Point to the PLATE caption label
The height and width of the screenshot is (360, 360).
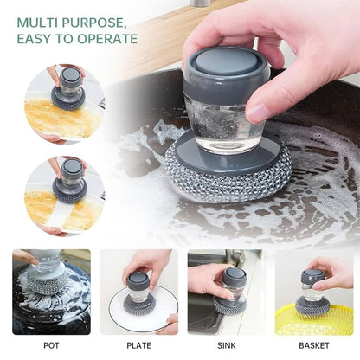(x=138, y=344)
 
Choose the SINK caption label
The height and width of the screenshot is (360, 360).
(x=225, y=344)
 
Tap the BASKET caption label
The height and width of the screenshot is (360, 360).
(x=314, y=344)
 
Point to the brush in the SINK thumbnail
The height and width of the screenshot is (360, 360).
(x=229, y=290)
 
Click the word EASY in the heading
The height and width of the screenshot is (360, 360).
(x=36, y=38)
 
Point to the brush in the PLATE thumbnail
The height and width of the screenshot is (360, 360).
(x=138, y=287)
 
